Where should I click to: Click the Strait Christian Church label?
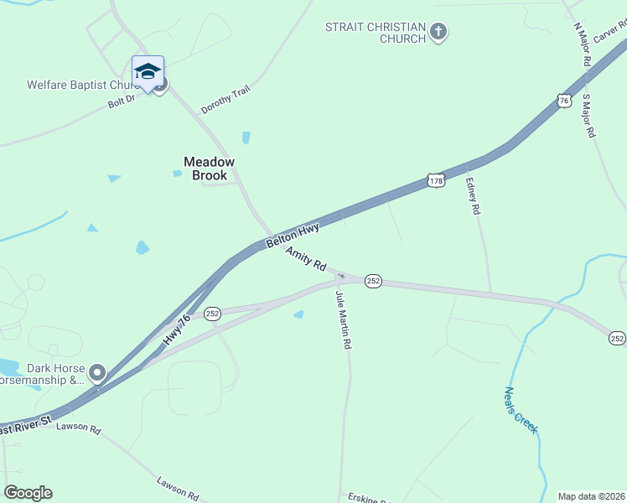pos(376,34)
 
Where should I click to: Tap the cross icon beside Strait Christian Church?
pos(438,33)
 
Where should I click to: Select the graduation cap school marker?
pos(148,72)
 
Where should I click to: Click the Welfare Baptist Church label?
pos(82,85)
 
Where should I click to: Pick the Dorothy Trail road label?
pos(225,101)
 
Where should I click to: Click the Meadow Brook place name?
pos(210,169)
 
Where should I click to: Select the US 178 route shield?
pos(435,180)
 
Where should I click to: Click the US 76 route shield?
pos(564,101)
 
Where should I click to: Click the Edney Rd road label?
pos(474,195)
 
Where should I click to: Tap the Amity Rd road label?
pos(305,258)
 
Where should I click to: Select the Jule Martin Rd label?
pos(343,319)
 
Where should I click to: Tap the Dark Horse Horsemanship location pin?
pos(98,372)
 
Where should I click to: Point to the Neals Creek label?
pos(521,409)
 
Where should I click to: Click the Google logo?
pos(28,493)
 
